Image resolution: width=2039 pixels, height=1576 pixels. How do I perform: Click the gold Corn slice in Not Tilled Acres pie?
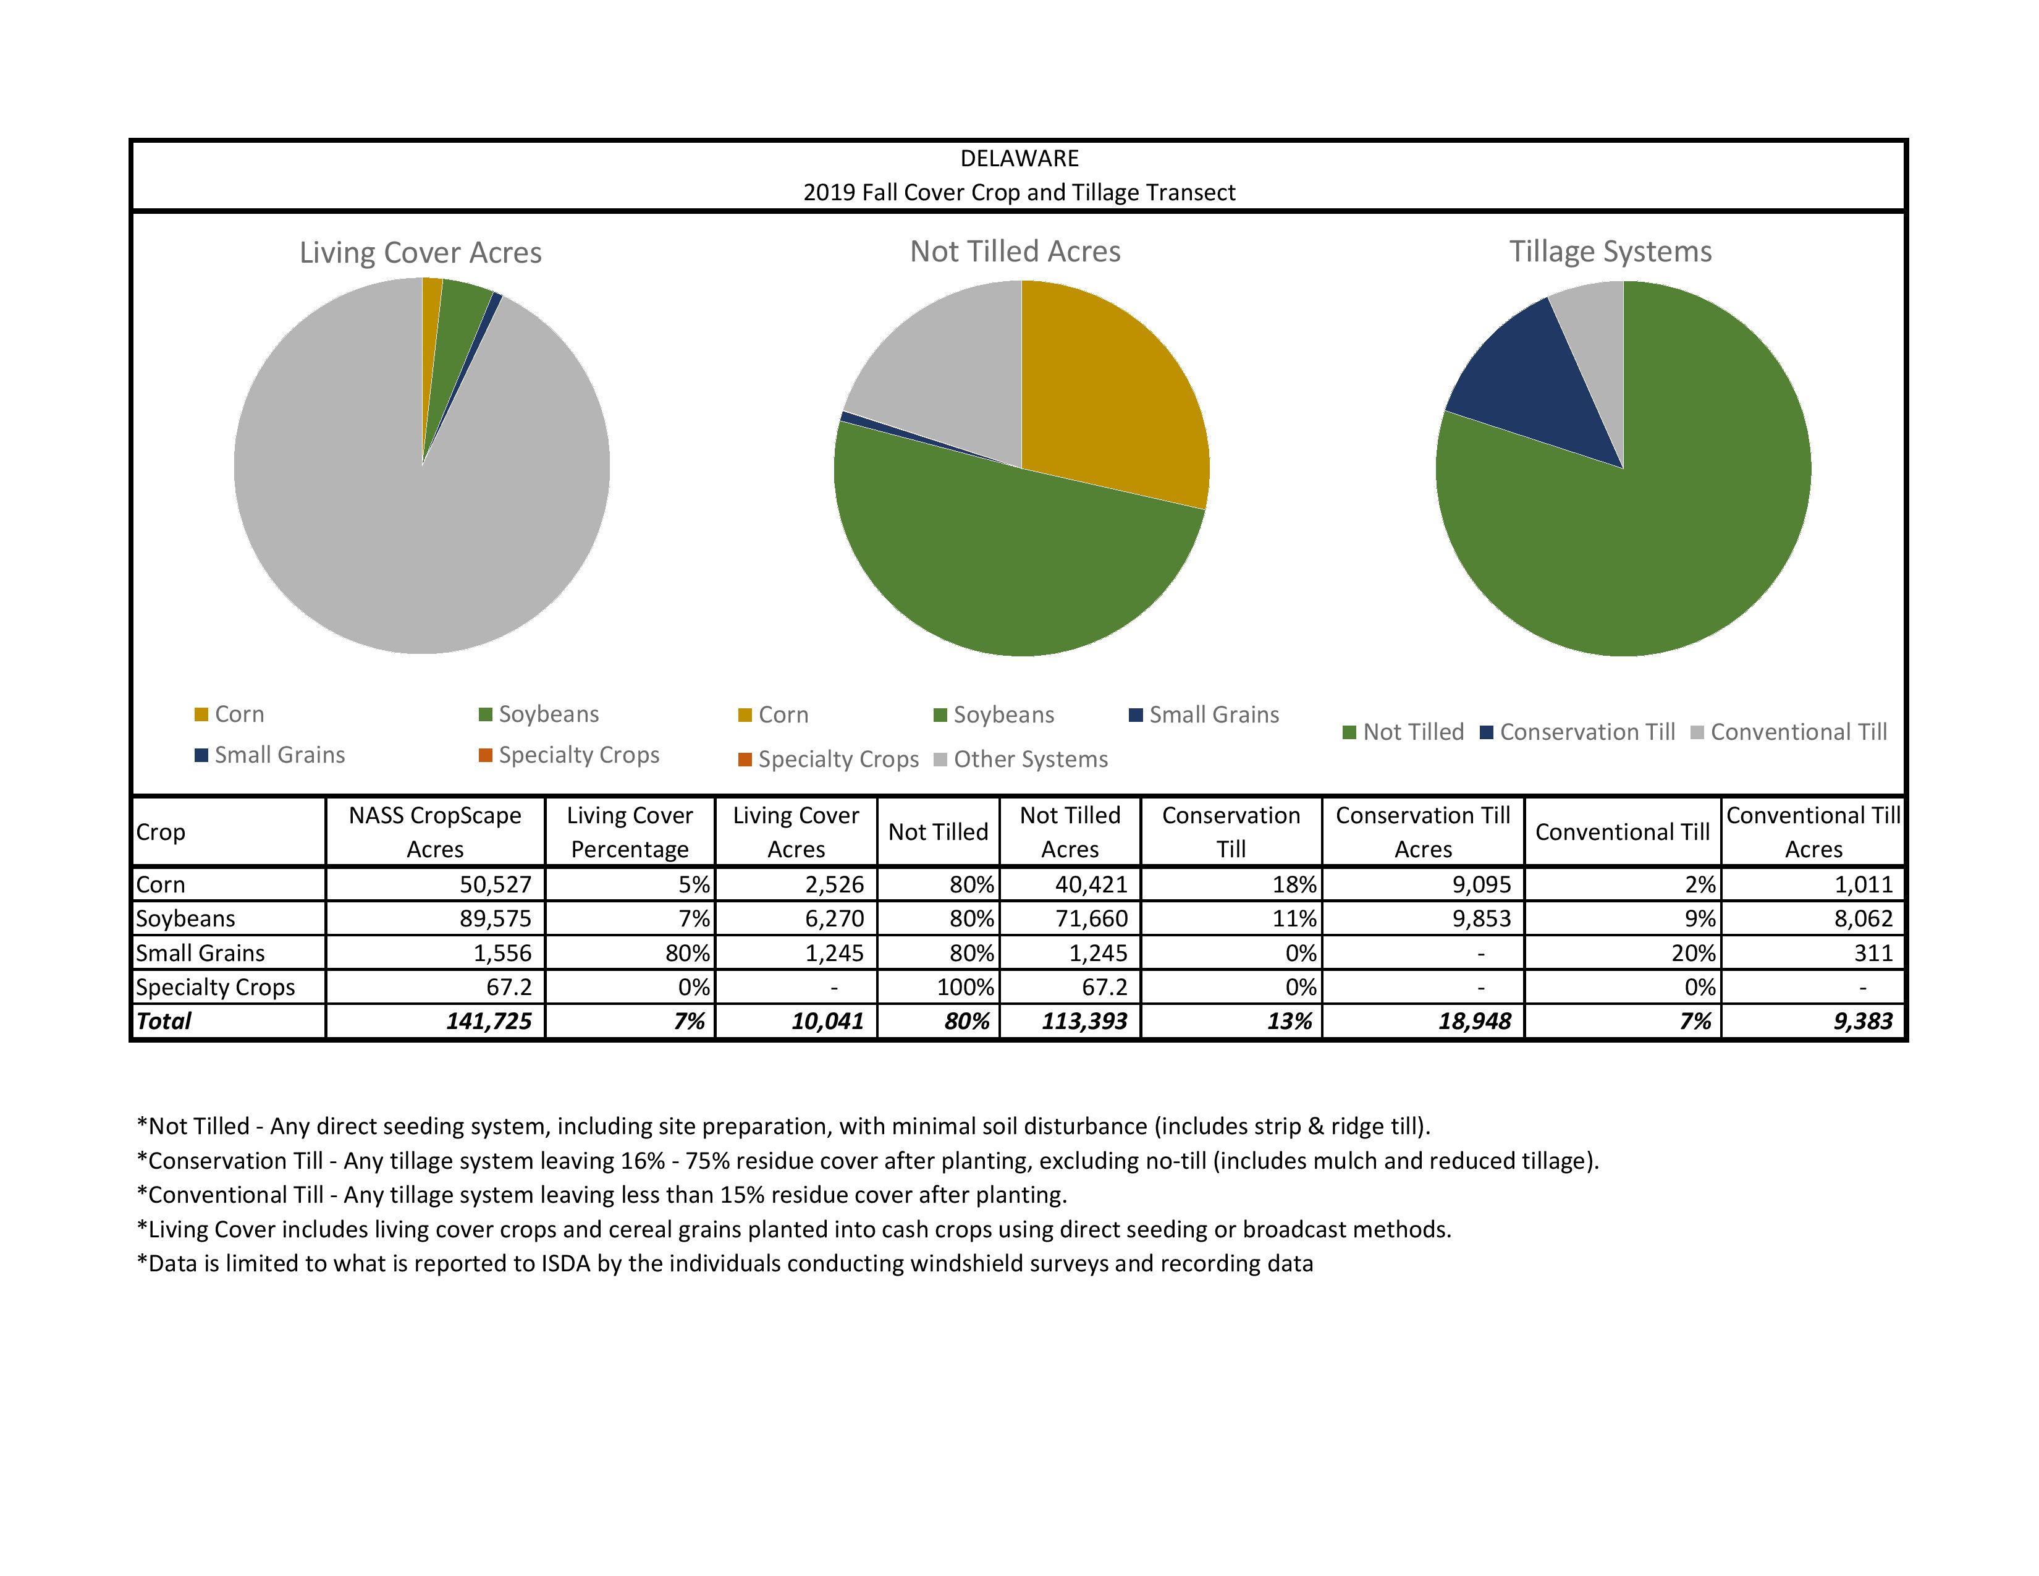pos(1111,392)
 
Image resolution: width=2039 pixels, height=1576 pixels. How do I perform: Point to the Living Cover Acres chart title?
pos(420,253)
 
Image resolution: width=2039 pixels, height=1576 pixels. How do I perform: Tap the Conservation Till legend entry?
pos(1586,732)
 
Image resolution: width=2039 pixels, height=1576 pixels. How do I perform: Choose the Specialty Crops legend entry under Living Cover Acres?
pos(578,755)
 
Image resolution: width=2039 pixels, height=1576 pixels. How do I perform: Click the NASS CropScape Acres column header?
pos(435,832)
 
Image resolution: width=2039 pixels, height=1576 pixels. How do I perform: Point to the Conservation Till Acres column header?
pos(1423,832)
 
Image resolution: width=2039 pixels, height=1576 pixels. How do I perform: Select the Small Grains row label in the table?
pos(201,953)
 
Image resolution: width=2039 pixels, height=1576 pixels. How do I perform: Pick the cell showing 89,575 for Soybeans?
pos(495,918)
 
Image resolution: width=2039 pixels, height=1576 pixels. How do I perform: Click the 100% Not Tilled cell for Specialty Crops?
pos(965,987)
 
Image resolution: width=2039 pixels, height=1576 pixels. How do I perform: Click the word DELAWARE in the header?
pos(1020,159)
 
